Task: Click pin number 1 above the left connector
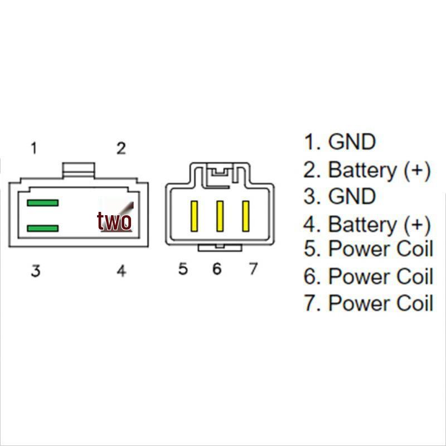click(x=34, y=148)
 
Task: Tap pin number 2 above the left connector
click(x=121, y=148)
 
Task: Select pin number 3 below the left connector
click(x=35, y=272)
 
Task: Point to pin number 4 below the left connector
click(x=122, y=272)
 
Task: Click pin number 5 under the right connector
click(x=183, y=269)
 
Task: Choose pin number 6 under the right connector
click(x=217, y=269)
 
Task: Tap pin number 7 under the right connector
click(x=253, y=269)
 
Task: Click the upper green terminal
click(x=42, y=203)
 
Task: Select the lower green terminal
click(x=42, y=229)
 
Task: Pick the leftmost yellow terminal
click(x=194, y=216)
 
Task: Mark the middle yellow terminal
click(x=220, y=216)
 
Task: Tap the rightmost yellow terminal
click(x=245, y=216)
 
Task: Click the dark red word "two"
click(x=114, y=221)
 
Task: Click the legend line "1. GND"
click(x=340, y=142)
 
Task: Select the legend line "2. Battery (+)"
click(x=367, y=170)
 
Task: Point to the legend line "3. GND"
click(x=340, y=197)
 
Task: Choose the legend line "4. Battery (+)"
click(x=367, y=225)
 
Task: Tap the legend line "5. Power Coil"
click(x=368, y=249)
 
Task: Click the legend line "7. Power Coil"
click(x=368, y=303)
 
